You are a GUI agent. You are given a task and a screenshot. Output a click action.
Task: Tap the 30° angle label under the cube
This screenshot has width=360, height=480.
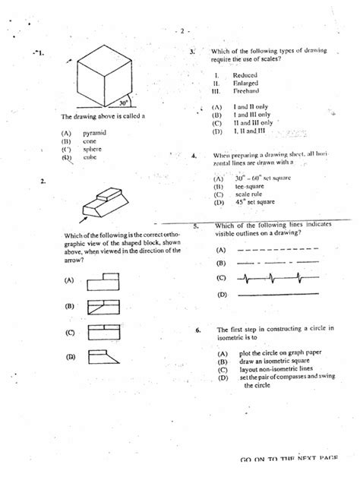pyautogui.click(x=122, y=103)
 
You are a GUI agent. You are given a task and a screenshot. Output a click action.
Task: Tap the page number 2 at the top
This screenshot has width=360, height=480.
pyautogui.click(x=182, y=31)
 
